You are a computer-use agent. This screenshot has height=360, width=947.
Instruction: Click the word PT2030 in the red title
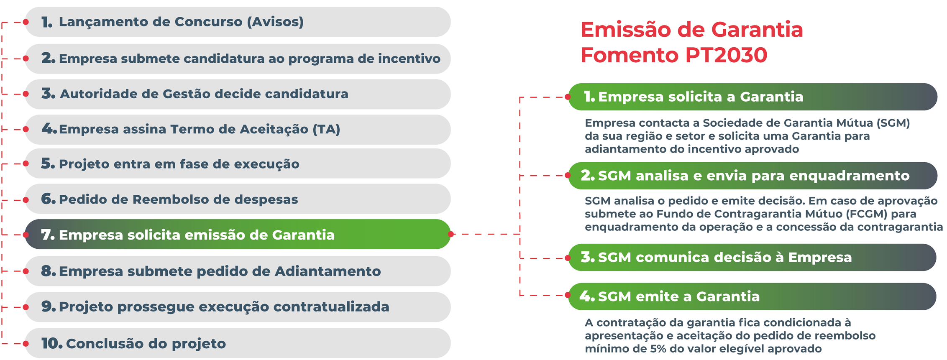(726, 55)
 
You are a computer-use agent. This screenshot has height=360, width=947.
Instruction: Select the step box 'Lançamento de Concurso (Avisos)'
(238, 22)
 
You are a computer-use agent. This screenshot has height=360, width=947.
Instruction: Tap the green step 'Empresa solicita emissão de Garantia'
(238, 234)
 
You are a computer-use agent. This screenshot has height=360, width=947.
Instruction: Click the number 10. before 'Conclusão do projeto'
(52, 343)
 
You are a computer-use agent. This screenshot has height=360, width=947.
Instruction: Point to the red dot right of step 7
(450, 234)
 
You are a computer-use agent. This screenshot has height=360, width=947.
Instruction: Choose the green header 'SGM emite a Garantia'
(752, 296)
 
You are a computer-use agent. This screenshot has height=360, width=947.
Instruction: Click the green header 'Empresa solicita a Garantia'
(752, 97)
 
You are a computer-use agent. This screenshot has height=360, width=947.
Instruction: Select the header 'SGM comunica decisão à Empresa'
(752, 257)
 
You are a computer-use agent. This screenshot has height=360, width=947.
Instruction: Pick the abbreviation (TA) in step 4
(326, 129)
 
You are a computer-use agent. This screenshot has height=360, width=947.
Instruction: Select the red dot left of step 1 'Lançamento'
(26, 22)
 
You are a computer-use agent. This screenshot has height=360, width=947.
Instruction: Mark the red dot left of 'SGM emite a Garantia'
(568, 295)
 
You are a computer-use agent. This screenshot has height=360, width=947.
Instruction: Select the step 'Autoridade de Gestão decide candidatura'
(238, 94)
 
